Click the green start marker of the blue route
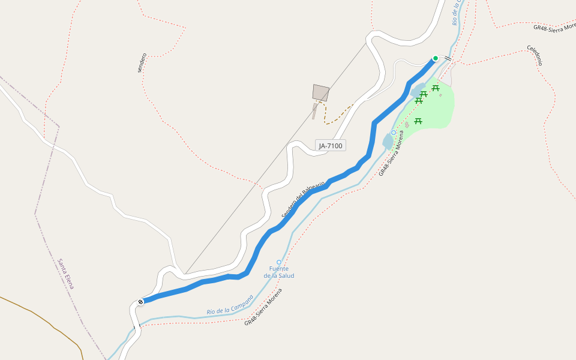tap(436, 58)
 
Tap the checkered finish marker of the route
tap(140, 301)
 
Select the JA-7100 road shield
tap(331, 145)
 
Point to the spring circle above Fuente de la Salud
tap(278, 262)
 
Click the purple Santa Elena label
tap(65, 274)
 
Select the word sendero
tap(142, 63)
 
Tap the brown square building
tap(321, 92)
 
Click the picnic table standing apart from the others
tap(418, 121)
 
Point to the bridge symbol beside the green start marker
tap(448, 58)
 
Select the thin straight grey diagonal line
tap(276, 160)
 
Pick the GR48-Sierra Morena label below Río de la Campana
tap(263, 308)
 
